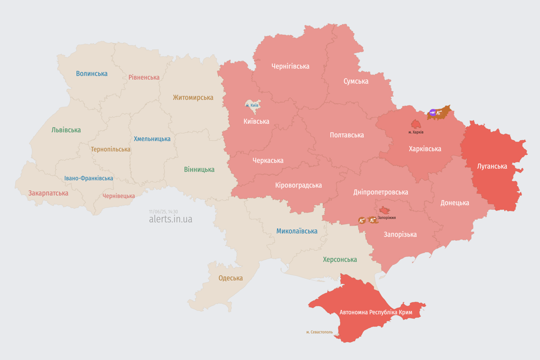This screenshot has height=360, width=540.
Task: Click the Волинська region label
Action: tap(92, 74)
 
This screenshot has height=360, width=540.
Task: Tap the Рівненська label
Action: tap(144, 77)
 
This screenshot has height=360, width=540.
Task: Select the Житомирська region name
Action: tap(193, 97)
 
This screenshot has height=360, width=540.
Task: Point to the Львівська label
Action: tap(66, 130)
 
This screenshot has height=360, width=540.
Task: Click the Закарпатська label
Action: tap(48, 193)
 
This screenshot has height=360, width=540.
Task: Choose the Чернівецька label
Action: tap(119, 196)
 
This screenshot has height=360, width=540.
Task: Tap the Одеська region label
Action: tap(231, 278)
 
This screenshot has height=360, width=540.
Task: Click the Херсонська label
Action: tap(340, 259)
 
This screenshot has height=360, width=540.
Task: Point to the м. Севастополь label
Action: tap(319, 332)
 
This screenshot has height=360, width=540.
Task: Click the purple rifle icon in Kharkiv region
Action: tap(433, 112)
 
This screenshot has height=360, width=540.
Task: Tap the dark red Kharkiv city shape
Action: tap(416, 124)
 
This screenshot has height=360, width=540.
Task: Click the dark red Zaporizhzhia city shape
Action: tap(384, 210)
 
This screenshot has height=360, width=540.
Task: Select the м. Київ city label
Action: tap(252, 105)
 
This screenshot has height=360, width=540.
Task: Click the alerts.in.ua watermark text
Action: tap(170, 219)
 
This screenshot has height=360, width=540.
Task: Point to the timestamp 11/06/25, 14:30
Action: tap(163, 212)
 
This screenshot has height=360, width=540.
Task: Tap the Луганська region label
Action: tap(492, 166)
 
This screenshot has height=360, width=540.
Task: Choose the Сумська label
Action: tap(356, 81)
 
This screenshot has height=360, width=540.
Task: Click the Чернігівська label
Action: tap(290, 66)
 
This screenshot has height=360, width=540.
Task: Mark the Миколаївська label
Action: tap(297, 231)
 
